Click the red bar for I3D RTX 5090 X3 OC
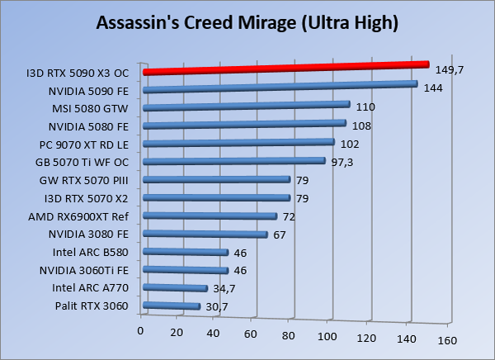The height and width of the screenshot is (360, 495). click(x=285, y=68)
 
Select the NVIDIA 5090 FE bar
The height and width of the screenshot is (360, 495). click(x=279, y=87)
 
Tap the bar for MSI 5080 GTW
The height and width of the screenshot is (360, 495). click(x=246, y=106)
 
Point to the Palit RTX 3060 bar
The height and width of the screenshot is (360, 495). click(x=171, y=306)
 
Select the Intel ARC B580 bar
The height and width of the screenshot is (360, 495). click(x=185, y=252)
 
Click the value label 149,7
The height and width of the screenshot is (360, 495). click(x=450, y=70)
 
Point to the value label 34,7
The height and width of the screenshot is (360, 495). click(x=223, y=289)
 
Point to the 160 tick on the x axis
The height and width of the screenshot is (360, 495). click(x=446, y=340)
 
